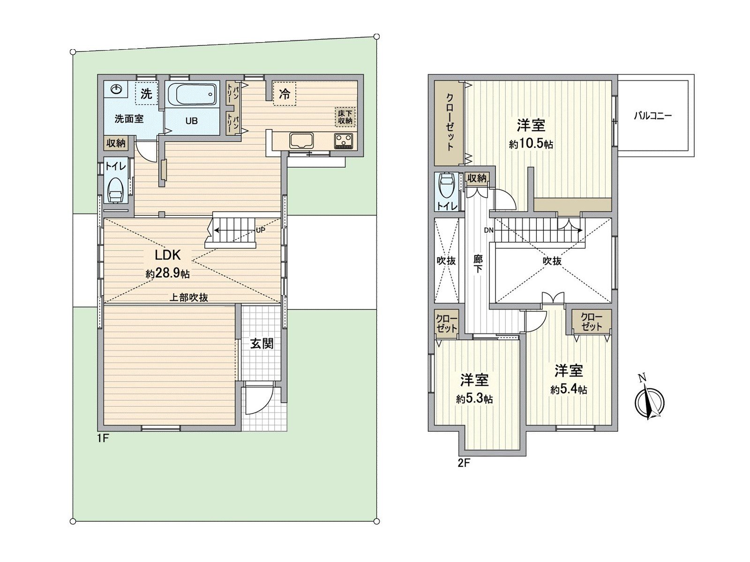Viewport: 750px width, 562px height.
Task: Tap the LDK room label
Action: [168, 255]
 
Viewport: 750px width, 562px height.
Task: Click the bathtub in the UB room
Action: [192, 95]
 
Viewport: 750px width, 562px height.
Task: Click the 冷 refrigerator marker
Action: [285, 94]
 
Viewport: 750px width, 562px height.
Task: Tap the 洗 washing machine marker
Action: [146, 94]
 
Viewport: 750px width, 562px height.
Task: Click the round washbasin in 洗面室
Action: [117, 89]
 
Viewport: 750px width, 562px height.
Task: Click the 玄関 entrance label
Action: [261, 344]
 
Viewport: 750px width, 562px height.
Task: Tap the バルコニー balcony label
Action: [652, 115]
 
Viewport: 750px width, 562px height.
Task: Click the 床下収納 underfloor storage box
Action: [345, 117]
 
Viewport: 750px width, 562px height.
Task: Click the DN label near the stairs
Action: [488, 230]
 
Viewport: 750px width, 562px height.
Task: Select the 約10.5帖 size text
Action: [531, 144]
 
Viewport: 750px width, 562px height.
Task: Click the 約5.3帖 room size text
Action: [474, 399]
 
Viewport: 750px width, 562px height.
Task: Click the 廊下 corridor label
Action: [478, 264]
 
